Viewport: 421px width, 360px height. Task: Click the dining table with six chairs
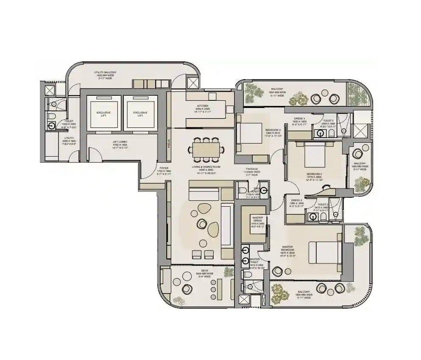pyautogui.click(x=205, y=149)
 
